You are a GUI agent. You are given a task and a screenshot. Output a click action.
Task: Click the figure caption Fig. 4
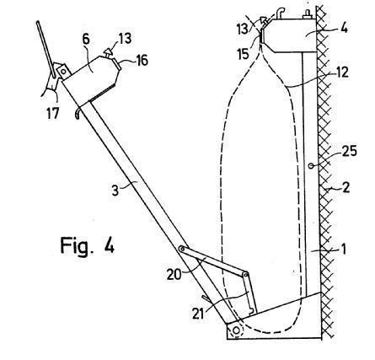pyautogui.click(x=88, y=245)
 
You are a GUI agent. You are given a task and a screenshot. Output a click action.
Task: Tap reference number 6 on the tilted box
pyautogui.click(x=86, y=40)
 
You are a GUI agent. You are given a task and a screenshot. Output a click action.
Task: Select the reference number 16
pyautogui.click(x=142, y=60)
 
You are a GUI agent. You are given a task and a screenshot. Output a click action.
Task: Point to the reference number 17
pyautogui.click(x=53, y=114)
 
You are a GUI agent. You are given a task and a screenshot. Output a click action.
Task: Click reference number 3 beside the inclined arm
pyautogui.click(x=115, y=191)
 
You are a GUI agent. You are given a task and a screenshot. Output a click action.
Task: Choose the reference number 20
pyautogui.click(x=174, y=274)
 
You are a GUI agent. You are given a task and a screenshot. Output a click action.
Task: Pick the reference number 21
pyautogui.click(x=198, y=313)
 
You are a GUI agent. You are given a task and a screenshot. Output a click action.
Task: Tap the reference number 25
pyautogui.click(x=349, y=151)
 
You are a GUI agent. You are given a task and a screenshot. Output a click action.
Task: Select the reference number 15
pyautogui.click(x=243, y=54)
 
